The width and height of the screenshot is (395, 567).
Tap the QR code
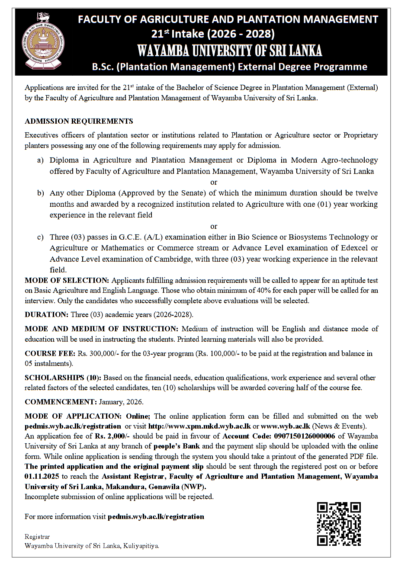tap(339, 524)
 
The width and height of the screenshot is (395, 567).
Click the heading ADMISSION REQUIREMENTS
tap(79, 121)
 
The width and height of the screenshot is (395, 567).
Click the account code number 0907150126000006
tap(305, 436)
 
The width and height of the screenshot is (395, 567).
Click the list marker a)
tap(40, 160)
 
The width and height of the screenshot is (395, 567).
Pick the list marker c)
tap(40, 237)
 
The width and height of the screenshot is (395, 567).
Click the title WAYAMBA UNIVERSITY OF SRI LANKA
tap(229, 51)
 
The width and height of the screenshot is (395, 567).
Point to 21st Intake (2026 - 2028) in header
tap(212, 33)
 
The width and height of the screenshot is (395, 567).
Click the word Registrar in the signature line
tap(37, 537)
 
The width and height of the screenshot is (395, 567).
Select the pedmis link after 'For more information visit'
tap(156, 516)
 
